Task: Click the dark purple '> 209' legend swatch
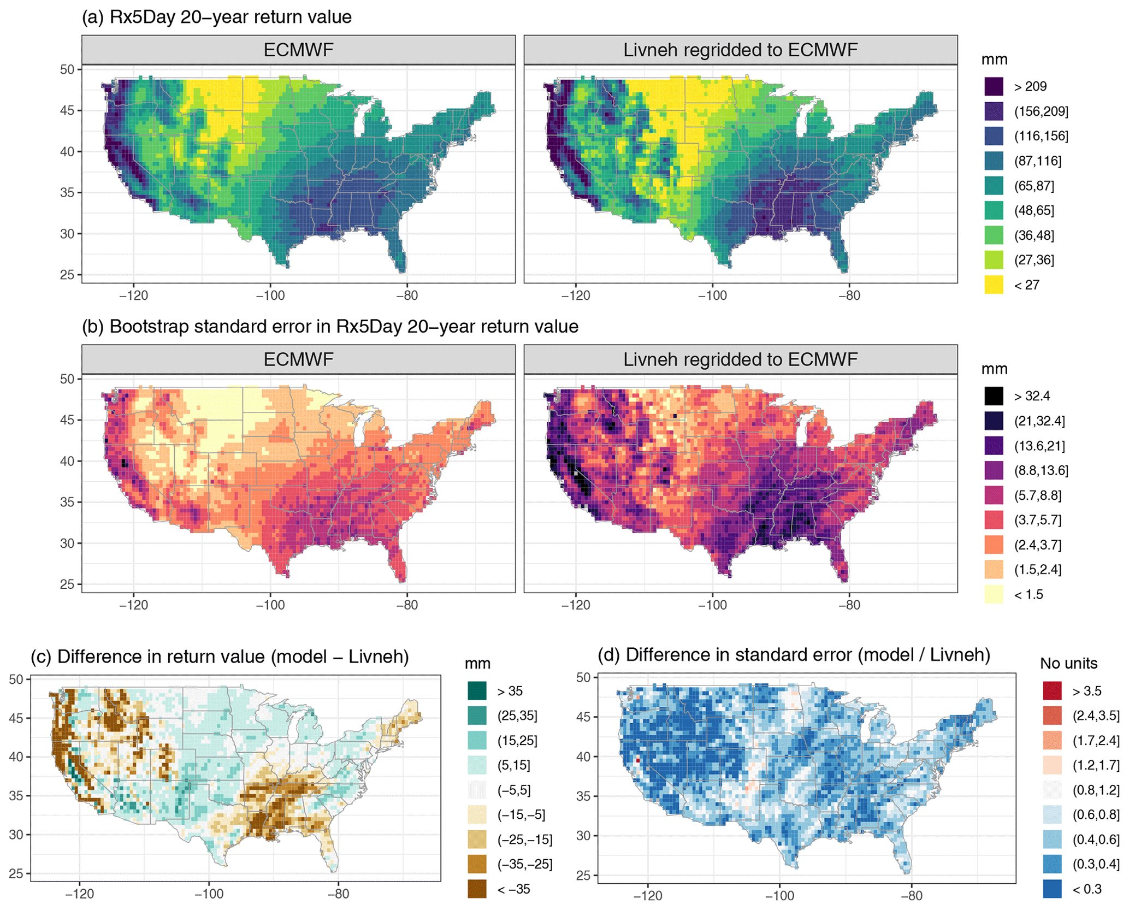tap(994, 86)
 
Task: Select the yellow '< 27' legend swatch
tap(994, 285)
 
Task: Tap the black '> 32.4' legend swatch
tap(994, 396)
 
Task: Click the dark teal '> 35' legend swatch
tap(477, 691)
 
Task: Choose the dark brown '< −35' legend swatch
tap(477, 889)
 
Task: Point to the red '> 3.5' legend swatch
tap(1052, 691)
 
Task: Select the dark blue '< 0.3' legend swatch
tap(1052, 889)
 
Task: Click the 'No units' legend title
tap(1068, 663)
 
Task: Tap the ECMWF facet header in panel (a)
tap(298, 50)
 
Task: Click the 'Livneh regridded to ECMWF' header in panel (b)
tap(740, 359)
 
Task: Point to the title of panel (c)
tap(220, 656)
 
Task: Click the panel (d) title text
tap(794, 654)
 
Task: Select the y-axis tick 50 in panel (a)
tap(67, 69)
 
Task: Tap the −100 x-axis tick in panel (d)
tap(779, 896)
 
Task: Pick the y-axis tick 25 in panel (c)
tap(16, 873)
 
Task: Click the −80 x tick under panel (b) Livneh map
tap(849, 605)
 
